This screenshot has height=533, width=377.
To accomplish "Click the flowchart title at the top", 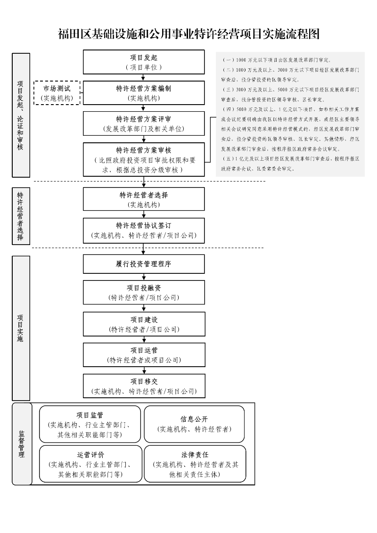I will point(188,34).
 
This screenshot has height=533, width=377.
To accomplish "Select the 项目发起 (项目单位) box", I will point(144,62).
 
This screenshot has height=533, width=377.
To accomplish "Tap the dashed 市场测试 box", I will point(57,93).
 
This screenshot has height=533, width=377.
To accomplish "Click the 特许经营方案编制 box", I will point(144,93).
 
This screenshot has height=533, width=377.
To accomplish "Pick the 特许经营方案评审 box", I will point(144,123).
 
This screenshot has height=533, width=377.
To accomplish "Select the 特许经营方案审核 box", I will point(144,159).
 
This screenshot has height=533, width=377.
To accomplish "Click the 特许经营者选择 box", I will point(144,199).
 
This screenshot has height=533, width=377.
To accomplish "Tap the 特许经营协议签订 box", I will point(144,230).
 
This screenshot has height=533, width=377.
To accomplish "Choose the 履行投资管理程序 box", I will point(144,264).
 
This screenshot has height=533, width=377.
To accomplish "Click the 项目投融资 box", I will point(144,292).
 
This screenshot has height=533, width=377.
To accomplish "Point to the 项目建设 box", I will point(144,324).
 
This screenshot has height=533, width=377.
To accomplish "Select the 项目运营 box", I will point(144,355).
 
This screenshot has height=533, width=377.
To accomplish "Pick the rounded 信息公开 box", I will point(194,424).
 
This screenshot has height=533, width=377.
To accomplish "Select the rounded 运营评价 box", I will point(90,464).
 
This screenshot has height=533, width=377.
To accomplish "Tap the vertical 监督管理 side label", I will point(22,444).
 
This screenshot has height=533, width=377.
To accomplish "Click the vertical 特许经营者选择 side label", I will point(21,216).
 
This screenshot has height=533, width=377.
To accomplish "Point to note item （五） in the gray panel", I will point(290,164).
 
